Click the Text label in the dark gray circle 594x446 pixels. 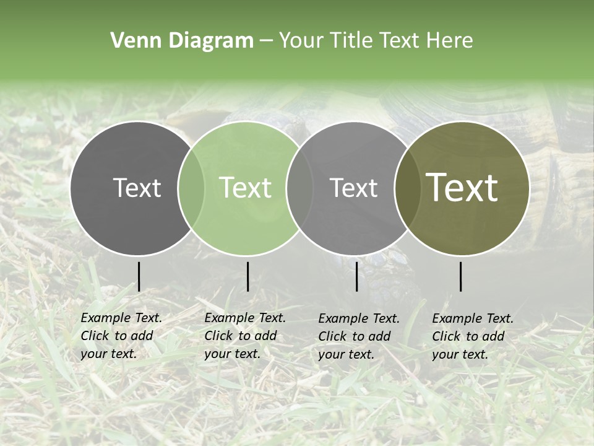pos(137,188)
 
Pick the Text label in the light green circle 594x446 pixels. pos(246,188)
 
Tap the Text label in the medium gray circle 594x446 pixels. pos(354,188)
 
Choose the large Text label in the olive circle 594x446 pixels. pos(462,188)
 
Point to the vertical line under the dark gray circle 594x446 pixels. pos(139,276)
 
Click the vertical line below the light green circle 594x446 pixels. pos(247,276)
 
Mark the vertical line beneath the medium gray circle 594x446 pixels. pos(356,276)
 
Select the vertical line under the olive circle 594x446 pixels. pos(461,276)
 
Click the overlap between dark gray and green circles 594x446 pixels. pos(191,188)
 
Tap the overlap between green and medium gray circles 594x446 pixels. pos(299,188)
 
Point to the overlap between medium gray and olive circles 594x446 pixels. pos(408,188)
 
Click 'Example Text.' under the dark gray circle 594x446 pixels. pos(121,318)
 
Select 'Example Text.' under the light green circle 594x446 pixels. pos(245,318)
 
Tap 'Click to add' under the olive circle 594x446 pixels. pos(468,336)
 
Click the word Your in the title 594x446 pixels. pos(299,40)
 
